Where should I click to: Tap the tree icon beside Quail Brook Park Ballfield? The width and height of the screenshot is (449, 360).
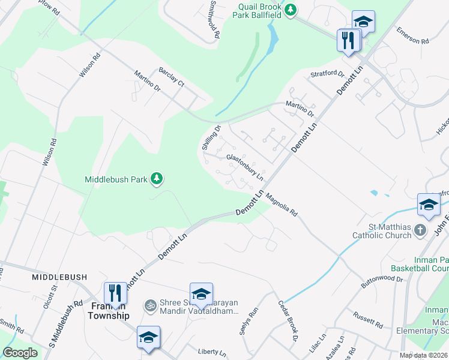[x=291, y=10]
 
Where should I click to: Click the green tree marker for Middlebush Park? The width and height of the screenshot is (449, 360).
[x=157, y=178]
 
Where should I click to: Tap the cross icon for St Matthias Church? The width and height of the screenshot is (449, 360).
[x=421, y=230]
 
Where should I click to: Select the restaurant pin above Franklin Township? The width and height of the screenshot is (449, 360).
[x=114, y=293]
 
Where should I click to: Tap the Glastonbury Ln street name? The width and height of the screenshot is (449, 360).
[x=245, y=167]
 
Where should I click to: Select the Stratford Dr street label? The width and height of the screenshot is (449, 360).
[x=327, y=75]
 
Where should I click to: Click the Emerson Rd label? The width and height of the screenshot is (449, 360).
[x=413, y=36]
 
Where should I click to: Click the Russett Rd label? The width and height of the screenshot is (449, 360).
[x=368, y=320]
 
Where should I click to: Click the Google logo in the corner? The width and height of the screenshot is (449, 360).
[x=20, y=353]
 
